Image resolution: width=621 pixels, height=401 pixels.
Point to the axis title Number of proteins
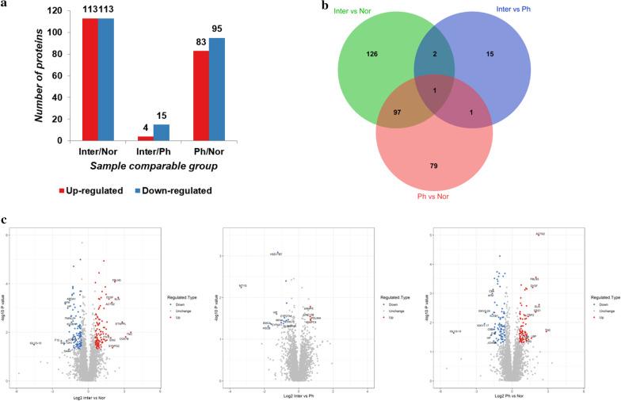[38, 76]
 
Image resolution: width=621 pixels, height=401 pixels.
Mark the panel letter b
[321, 5]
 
